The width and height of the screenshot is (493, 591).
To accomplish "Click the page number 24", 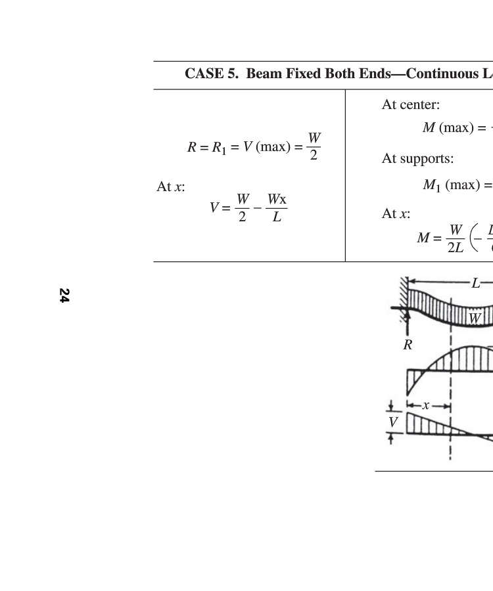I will click(x=64, y=295).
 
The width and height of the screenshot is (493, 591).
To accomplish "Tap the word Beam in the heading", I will click(x=264, y=74).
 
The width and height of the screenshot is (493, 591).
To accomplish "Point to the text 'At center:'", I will click(x=411, y=104).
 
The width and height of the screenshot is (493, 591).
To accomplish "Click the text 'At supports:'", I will click(x=417, y=159).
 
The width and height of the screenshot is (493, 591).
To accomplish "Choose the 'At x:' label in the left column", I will click(x=171, y=187).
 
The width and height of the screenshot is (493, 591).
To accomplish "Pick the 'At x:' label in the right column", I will click(x=396, y=214).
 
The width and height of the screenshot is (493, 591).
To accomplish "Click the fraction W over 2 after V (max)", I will click(x=314, y=146).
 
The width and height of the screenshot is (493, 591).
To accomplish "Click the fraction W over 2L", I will click(x=455, y=238).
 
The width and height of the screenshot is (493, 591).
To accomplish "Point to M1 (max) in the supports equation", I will click(x=450, y=185).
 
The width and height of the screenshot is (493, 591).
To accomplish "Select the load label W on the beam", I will click(x=474, y=318).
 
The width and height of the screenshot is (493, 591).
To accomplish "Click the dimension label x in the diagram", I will click(x=426, y=406).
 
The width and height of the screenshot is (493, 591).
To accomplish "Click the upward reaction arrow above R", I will click(x=408, y=324).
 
